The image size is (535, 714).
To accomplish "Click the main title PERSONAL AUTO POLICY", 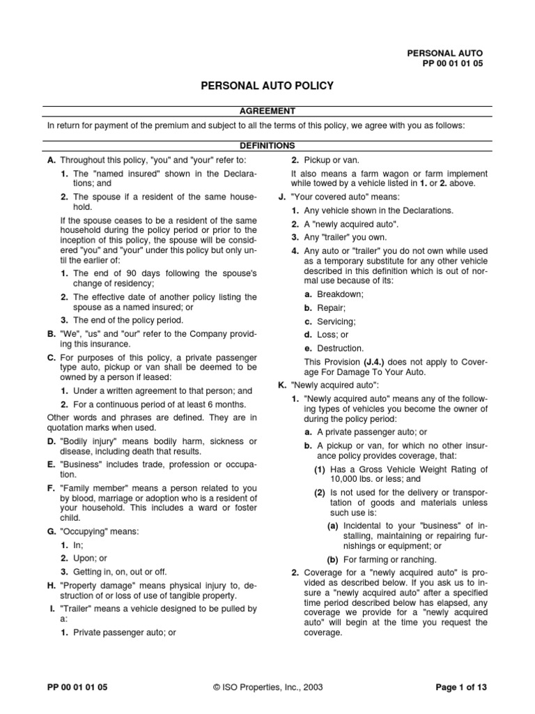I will (x=267, y=86).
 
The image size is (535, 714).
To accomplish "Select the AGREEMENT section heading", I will (x=267, y=111).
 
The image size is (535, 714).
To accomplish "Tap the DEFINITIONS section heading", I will (x=267, y=146).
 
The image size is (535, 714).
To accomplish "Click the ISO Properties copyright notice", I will (x=267, y=687).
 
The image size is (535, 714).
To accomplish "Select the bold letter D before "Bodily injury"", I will (x=51, y=441).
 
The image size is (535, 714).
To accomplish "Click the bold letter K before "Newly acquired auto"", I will (x=281, y=384).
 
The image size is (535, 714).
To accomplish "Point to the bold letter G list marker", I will (x=51, y=531).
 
